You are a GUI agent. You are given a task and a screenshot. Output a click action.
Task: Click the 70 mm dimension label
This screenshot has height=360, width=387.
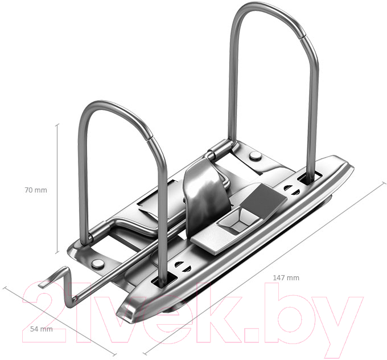coord(36,190)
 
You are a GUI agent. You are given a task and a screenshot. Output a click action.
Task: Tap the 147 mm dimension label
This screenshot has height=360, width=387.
coord(286,278)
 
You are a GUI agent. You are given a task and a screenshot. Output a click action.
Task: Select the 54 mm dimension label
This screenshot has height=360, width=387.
coord(41,329)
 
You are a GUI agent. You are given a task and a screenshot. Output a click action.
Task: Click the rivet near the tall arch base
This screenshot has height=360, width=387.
coord(255,156)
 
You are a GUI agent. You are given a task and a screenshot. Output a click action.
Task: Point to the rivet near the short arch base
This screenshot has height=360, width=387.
coord(97,264)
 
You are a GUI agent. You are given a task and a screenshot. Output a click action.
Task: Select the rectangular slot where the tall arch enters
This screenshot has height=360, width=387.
coord(310,178)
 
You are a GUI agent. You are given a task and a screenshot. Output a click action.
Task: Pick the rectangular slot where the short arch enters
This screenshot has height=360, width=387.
coord(164,281)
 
